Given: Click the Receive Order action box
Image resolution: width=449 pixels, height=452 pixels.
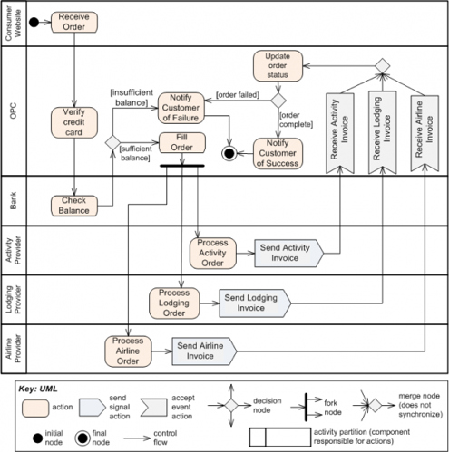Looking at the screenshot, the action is (74, 22).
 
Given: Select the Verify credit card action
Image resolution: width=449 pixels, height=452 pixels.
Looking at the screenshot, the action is (74, 122).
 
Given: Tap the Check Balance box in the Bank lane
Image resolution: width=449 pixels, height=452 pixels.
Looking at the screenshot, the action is (74, 206).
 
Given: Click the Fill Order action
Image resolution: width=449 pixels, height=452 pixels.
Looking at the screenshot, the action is (182, 142).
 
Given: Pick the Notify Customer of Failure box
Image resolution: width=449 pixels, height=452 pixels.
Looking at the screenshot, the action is (181, 108).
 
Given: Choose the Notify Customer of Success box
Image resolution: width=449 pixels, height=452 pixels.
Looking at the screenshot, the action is (278, 153).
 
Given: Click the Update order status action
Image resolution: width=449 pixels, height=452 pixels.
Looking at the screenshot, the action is (278, 65).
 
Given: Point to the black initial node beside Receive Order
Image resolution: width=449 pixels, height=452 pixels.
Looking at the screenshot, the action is (34, 22).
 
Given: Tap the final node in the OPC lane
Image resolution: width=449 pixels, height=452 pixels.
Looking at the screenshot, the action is (229, 153).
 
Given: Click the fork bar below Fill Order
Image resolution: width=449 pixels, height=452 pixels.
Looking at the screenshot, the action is (182, 166).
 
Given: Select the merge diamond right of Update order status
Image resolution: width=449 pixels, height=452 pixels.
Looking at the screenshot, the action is (383, 66).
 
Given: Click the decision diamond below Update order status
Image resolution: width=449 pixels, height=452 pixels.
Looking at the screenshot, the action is (278, 101).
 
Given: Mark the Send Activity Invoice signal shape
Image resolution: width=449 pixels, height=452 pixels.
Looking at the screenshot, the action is (289, 254).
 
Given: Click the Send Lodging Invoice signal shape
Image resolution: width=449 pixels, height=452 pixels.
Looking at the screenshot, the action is (255, 303).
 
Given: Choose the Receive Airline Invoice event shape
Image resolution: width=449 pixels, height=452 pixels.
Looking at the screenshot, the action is (425, 133).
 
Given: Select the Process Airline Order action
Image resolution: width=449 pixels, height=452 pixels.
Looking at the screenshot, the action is (128, 351).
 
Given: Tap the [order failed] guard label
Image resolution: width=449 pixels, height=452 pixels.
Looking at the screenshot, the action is (238, 95).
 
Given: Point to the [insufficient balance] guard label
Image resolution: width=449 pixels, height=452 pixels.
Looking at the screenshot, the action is (132, 98).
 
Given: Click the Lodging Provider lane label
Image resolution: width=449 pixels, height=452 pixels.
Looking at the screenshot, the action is (14, 300).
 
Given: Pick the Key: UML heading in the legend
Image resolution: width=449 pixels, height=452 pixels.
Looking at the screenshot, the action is (38, 389).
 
